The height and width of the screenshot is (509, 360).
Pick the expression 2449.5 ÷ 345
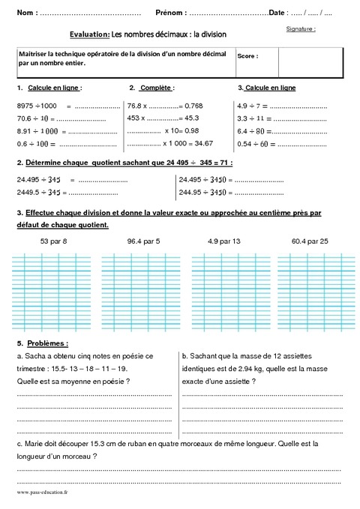pyautogui.click(x=38, y=191)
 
